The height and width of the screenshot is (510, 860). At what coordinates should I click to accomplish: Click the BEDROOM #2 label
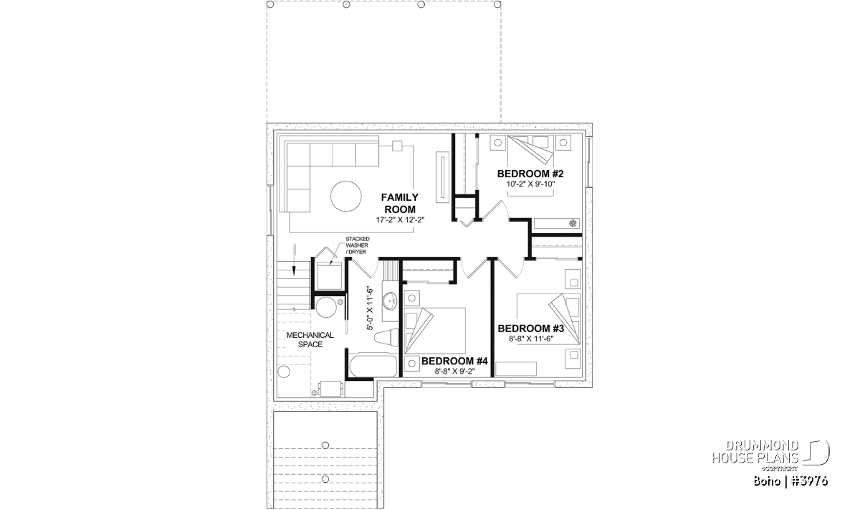[x=530, y=174]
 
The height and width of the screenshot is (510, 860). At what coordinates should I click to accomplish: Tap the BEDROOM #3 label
[x=530, y=329]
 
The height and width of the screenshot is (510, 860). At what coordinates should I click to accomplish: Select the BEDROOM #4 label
[x=454, y=362]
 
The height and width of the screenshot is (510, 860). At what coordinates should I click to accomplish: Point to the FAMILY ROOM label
[x=400, y=203]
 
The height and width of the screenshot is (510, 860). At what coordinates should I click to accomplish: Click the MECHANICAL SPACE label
[x=310, y=340]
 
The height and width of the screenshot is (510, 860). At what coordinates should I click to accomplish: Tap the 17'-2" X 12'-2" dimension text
[x=400, y=220]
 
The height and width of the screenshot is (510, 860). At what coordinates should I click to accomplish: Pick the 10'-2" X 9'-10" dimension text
[x=530, y=184]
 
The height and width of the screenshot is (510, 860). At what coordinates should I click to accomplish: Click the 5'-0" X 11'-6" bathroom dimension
[x=369, y=308]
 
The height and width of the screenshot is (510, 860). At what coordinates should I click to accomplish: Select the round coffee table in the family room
[x=346, y=196]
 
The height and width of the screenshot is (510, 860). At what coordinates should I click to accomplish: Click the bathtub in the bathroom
[x=373, y=366]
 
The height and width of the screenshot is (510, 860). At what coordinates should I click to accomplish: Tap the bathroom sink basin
[x=389, y=301]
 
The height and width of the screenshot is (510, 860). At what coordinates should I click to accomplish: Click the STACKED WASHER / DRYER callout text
[x=357, y=245]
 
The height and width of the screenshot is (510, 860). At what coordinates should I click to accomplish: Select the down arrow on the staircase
[x=294, y=260]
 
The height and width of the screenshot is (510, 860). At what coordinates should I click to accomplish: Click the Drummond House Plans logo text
[x=755, y=452]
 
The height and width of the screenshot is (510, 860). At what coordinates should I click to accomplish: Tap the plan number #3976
[x=809, y=481]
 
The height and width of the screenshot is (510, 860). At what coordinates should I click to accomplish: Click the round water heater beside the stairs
[x=326, y=307]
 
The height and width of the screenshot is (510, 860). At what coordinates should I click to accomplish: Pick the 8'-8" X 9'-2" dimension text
[x=454, y=372]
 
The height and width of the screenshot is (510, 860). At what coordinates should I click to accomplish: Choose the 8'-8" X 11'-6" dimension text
[x=531, y=339]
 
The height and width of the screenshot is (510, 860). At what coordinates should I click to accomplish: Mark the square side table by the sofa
[x=397, y=146]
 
